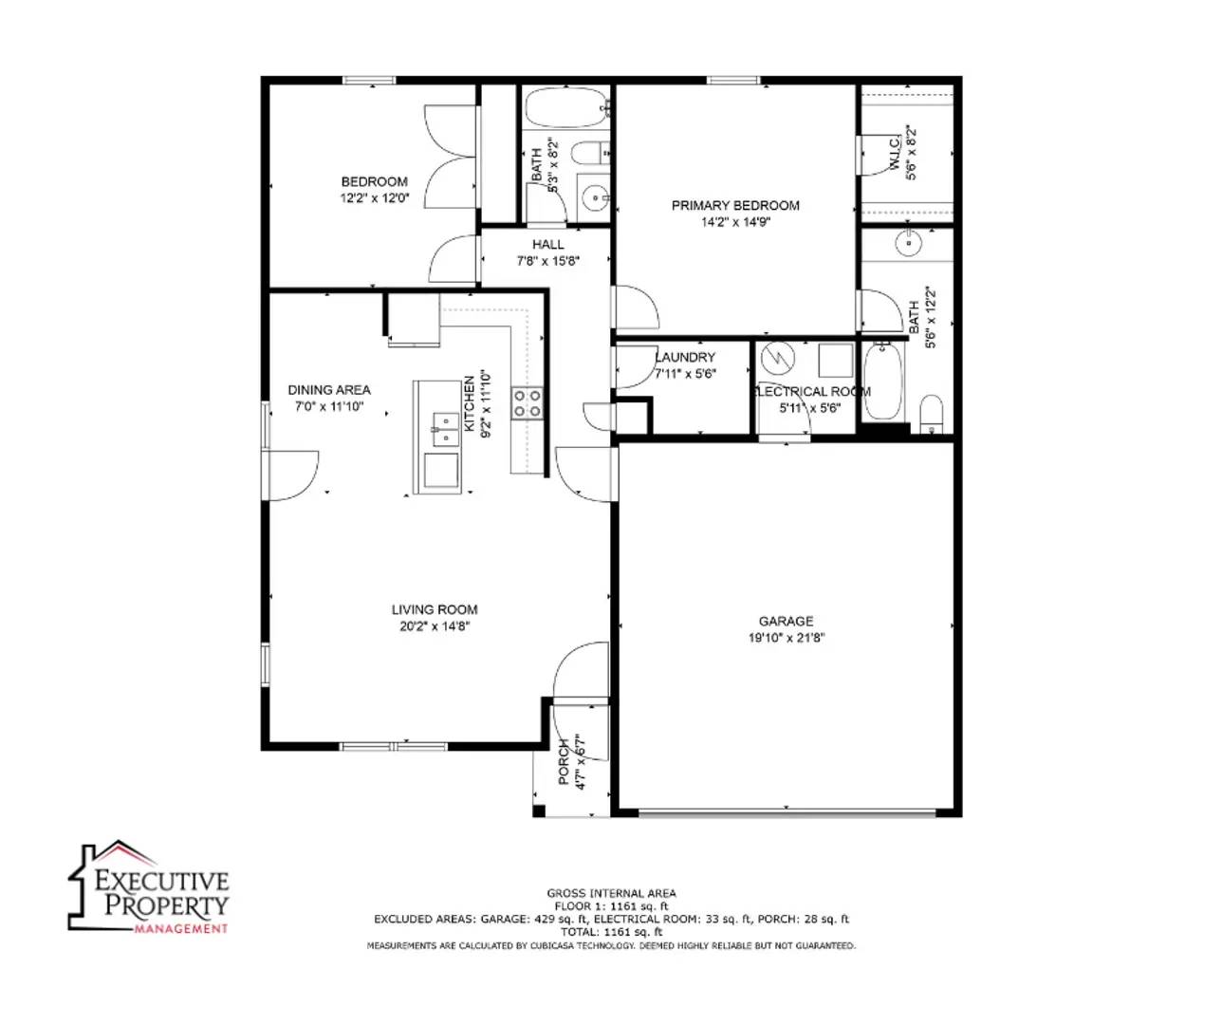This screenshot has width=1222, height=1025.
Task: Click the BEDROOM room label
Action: [375, 181]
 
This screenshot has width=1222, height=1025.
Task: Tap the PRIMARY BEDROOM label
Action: [735, 205]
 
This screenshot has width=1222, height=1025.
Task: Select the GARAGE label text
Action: [786, 621]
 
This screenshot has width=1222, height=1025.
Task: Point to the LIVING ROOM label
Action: [435, 609]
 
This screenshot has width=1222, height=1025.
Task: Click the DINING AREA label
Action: [329, 389]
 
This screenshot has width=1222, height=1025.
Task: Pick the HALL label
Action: [548, 244]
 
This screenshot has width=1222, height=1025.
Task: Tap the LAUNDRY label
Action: [686, 357]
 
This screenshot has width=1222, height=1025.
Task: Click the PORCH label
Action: [565, 762]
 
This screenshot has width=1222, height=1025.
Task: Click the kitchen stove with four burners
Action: [528, 403]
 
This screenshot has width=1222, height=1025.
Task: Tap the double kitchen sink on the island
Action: [443, 429]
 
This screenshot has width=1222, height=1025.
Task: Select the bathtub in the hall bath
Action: [566, 109]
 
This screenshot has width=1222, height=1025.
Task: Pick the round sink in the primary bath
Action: [908, 243]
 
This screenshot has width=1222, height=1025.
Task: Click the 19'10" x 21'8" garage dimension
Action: [786, 638]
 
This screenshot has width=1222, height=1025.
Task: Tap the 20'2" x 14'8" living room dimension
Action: [435, 626]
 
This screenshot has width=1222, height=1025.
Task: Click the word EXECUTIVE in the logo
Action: [162, 880]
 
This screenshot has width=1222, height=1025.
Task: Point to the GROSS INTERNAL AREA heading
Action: [611, 893]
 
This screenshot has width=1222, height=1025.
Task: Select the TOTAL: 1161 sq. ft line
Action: [611, 932]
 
